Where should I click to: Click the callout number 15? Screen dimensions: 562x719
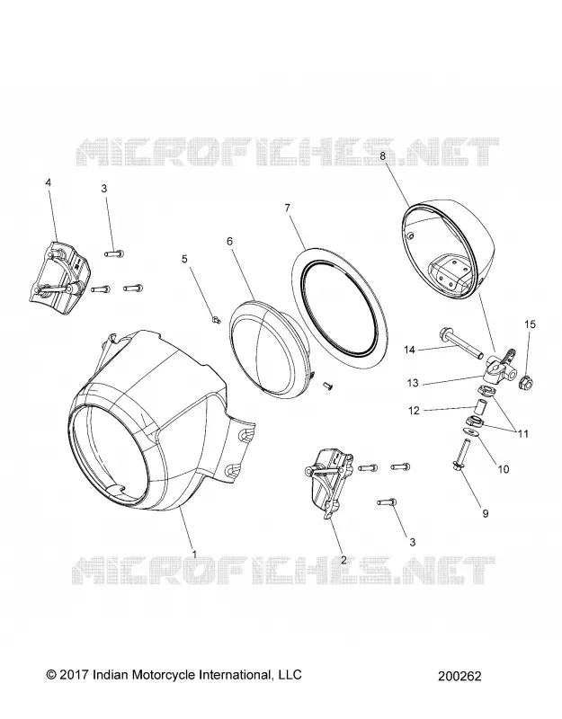point(530,324)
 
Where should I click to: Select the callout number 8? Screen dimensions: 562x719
point(383,155)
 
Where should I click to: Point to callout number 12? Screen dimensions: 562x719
point(415,411)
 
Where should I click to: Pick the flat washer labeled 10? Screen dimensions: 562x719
point(469,431)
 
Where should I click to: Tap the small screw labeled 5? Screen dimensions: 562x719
point(216,319)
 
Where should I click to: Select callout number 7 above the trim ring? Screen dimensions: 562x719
point(288,209)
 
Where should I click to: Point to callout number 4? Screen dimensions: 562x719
point(49,182)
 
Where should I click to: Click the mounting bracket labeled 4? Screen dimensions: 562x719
point(62,275)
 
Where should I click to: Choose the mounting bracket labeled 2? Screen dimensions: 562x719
point(329,483)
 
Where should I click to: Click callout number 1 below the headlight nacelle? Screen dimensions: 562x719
point(194,554)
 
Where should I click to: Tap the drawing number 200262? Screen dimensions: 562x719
point(459,676)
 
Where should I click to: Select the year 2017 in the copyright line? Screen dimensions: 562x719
point(75,675)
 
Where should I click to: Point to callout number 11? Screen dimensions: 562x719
point(523,433)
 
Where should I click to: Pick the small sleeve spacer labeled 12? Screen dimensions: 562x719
point(479,407)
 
